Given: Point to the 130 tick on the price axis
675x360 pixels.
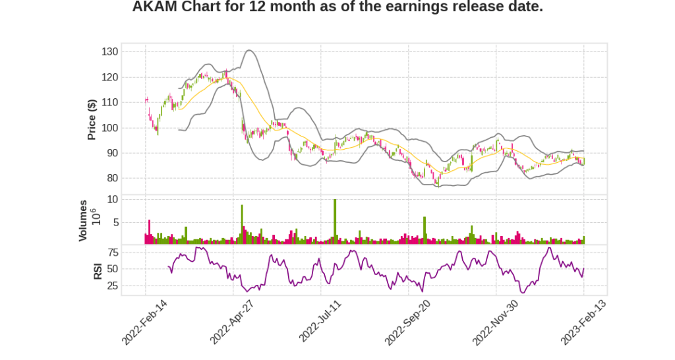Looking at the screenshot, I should click(110, 52).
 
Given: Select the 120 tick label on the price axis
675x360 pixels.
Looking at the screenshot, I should click(110, 77).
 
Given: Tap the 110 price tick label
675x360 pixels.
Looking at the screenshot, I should click(110, 102).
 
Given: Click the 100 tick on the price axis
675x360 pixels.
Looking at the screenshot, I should click(110, 128).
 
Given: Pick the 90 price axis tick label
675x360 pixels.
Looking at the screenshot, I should click(113, 153).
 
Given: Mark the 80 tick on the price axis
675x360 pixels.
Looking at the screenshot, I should click(113, 178).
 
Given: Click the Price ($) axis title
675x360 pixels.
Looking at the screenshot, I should click(92, 119).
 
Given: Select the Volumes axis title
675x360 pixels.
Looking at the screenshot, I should click(83, 220).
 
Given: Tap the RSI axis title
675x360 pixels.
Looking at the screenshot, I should click(98, 270).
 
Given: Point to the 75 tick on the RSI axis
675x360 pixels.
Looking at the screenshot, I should click(113, 252).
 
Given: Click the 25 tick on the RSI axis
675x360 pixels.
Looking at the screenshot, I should click(113, 286).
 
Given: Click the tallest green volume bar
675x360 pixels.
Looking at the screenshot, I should click(335, 222).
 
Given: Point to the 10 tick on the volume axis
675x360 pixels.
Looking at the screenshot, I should click(113, 199).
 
